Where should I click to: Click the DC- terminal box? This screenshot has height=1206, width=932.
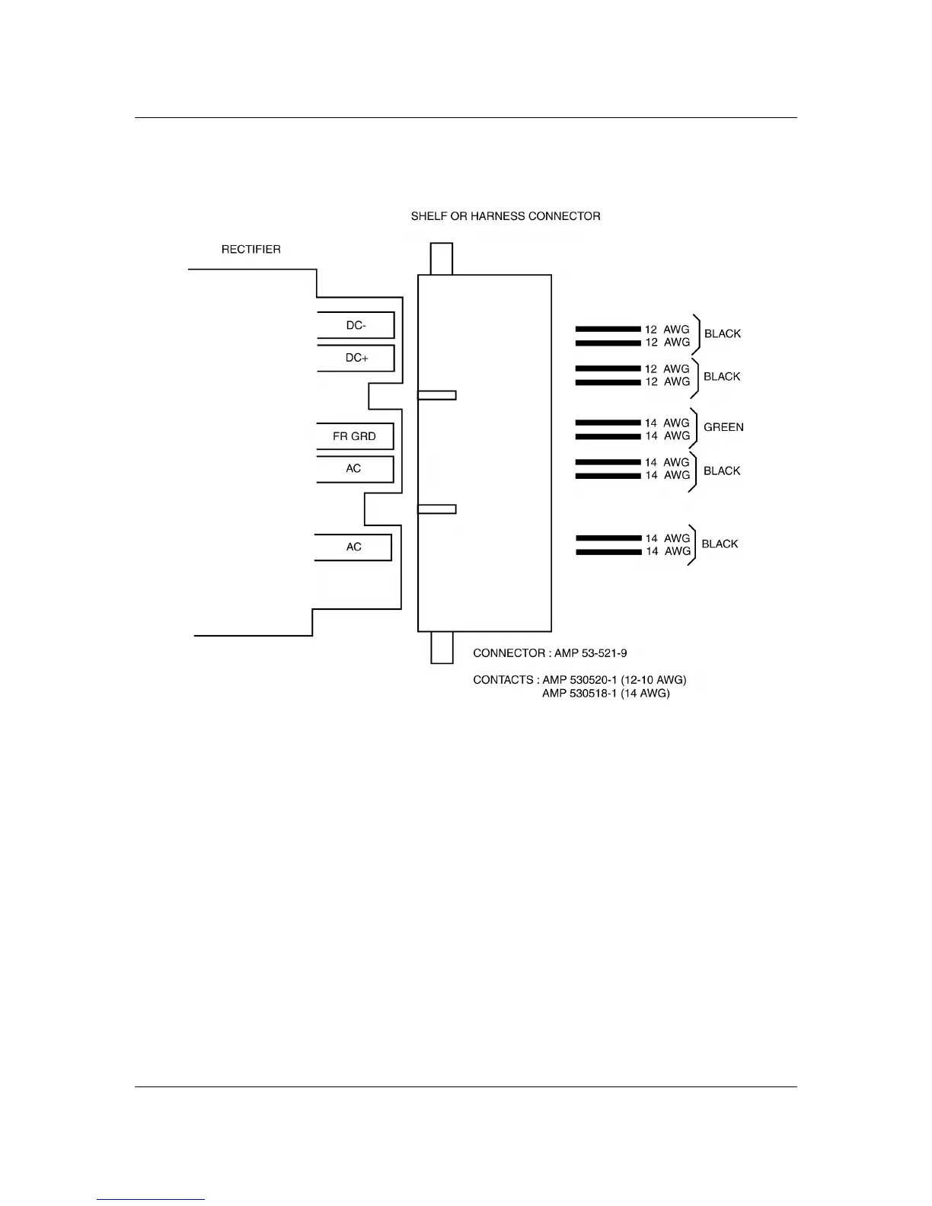(x=356, y=325)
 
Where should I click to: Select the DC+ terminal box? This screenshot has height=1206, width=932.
(x=356, y=358)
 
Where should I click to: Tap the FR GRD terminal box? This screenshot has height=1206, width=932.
(x=354, y=436)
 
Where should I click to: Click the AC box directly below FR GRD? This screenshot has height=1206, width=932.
(x=354, y=469)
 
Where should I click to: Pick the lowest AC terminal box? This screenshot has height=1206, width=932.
(x=353, y=547)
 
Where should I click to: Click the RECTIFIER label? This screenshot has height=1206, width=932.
(x=251, y=250)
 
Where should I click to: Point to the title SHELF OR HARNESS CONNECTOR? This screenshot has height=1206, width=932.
(x=506, y=216)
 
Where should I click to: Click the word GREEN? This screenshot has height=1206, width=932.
(x=723, y=427)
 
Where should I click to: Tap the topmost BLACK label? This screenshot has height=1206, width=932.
(x=722, y=333)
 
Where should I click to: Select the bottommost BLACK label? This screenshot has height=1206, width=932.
(x=720, y=544)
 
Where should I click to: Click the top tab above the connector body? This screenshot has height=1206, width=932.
(x=442, y=259)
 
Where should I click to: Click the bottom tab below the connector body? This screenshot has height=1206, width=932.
(x=442, y=647)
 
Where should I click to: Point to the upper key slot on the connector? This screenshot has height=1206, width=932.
(x=437, y=395)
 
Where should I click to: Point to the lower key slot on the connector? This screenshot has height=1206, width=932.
(x=437, y=509)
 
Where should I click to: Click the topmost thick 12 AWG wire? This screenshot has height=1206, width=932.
(x=608, y=329)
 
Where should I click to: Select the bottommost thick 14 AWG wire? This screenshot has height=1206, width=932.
(x=608, y=552)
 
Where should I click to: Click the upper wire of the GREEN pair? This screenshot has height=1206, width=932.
(x=608, y=423)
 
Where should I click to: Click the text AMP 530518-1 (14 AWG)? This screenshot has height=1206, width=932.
(x=605, y=694)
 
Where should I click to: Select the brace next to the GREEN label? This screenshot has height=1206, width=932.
(x=695, y=429)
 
